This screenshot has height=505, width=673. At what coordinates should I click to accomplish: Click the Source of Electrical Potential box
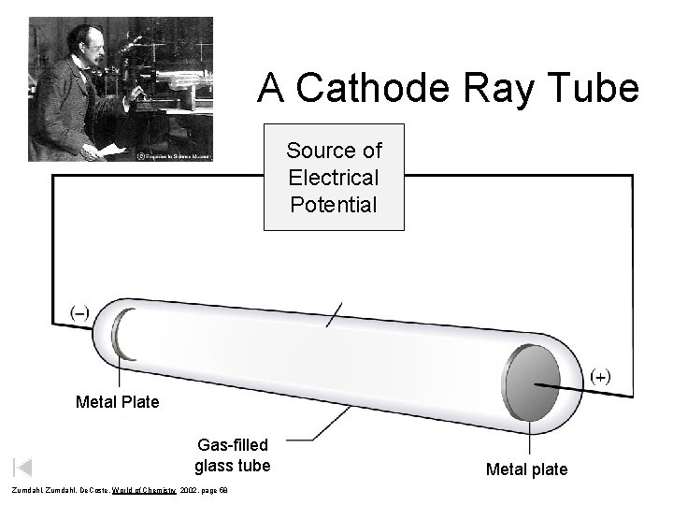(334, 177)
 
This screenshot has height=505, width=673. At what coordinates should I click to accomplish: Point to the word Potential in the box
(334, 204)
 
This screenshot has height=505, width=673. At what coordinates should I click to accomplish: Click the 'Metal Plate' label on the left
(118, 403)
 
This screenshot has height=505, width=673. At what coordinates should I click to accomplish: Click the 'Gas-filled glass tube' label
(233, 454)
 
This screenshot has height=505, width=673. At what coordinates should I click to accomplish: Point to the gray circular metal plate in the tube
(529, 383)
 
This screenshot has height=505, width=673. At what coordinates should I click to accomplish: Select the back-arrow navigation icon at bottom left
(22, 467)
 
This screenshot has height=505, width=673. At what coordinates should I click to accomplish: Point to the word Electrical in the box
(334, 177)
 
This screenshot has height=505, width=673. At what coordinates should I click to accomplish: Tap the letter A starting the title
(272, 89)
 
